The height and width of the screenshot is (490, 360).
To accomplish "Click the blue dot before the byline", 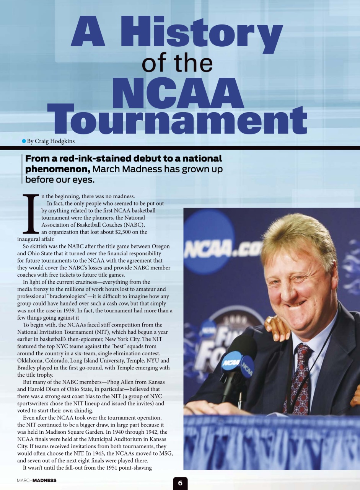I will [x=24, y=141].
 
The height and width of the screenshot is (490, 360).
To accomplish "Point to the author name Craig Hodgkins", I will [x=55, y=141].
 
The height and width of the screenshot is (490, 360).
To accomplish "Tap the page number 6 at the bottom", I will [x=180, y=483].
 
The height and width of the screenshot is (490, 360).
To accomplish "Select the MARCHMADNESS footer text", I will [x=37, y=480].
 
